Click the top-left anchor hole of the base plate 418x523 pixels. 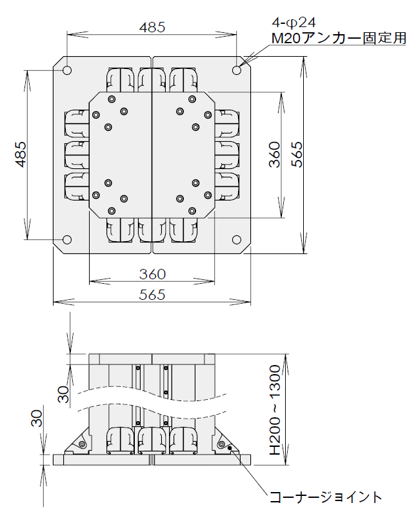[67, 70]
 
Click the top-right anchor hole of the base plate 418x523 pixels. [237, 70]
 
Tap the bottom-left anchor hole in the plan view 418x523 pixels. [67, 239]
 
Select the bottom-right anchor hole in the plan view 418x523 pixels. [237, 239]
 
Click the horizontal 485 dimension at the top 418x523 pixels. [152, 27]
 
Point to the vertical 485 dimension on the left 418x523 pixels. [21, 154]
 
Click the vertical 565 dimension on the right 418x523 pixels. [297, 154]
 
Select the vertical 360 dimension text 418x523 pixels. [275, 154]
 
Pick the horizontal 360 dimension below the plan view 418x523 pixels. [152, 274]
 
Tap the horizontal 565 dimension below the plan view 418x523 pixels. [152, 295]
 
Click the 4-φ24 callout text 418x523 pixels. [294, 23]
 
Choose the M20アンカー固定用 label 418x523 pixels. [339, 37]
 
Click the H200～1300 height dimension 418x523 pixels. [275, 410]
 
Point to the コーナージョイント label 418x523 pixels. [325, 497]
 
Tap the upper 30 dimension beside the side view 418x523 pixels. [63, 394]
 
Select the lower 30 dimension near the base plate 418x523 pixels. [37, 419]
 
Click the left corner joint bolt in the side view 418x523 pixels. [82, 444]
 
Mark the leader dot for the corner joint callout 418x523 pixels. [230, 448]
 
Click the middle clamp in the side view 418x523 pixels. [152, 440]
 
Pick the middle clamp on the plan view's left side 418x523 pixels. [77, 155]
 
